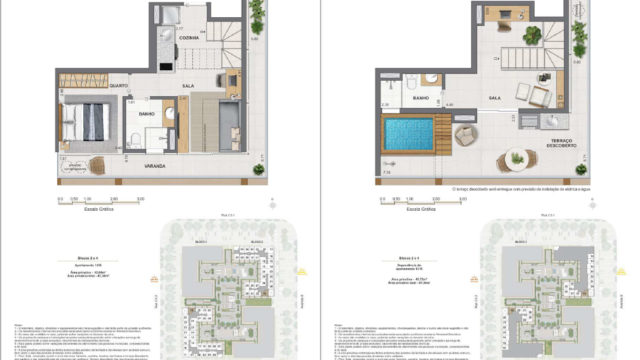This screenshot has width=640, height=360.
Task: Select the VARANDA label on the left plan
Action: pyautogui.click(x=152, y=164)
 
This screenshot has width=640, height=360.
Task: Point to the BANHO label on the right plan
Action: pyautogui.click(x=422, y=98)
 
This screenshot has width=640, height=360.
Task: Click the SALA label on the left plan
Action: pyautogui.click(x=188, y=87)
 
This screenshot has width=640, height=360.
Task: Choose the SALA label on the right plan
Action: pyautogui.click(x=494, y=98)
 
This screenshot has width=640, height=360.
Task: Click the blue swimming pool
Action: pyautogui.click(x=410, y=136)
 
